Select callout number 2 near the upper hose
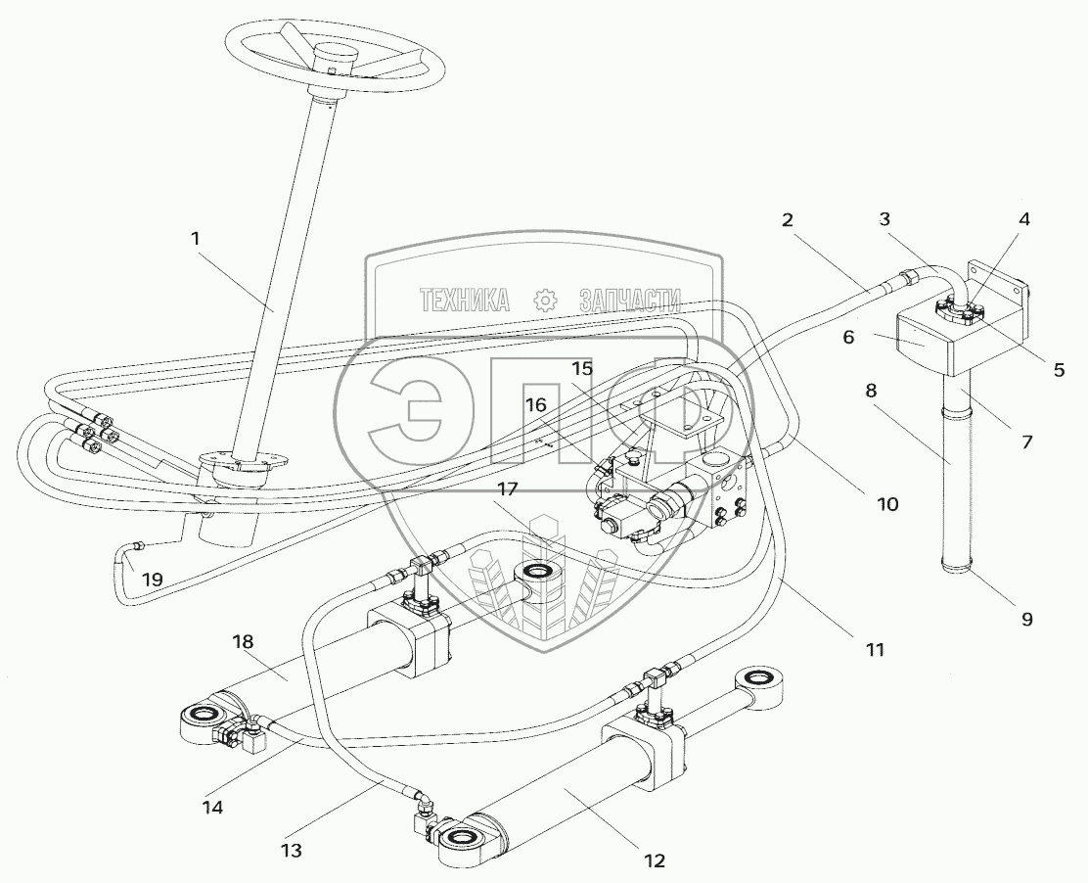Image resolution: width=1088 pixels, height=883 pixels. coord(788,220)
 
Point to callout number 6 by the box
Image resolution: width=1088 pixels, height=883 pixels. coord(849,337)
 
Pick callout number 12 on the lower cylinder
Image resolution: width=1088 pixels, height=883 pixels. coord(655,860)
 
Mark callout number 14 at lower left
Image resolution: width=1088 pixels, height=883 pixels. coord(212,808)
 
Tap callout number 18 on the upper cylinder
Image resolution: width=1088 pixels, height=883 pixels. coord(243,642)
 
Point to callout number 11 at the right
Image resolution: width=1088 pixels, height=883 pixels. coord(874,648)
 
